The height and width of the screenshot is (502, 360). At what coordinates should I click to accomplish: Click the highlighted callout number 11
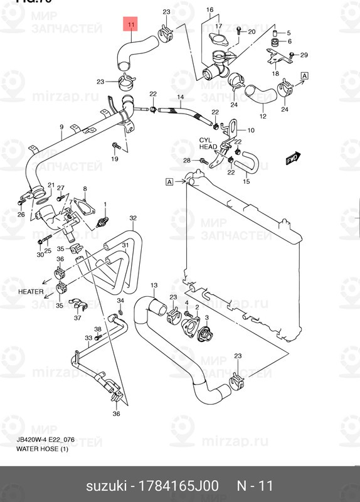click(x=130, y=26)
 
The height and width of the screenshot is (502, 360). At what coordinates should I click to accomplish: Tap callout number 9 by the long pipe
click(x=61, y=127)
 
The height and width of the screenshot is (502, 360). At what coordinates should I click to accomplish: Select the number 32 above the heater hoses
click(x=133, y=218)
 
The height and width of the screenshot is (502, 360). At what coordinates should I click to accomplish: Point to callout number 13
click(x=153, y=286)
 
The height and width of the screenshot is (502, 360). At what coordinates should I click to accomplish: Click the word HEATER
click(x=31, y=292)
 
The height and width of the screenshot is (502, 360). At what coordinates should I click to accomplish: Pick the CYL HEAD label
click(x=208, y=143)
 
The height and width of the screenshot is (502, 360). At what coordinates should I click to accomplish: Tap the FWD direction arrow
click(x=292, y=158)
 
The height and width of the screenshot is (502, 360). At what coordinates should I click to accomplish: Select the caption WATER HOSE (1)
click(x=42, y=449)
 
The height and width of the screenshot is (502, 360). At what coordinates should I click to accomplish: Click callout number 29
click(x=304, y=55)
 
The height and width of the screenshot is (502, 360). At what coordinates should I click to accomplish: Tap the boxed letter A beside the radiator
click(x=169, y=182)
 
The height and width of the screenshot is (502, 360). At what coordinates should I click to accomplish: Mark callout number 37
click(x=78, y=318)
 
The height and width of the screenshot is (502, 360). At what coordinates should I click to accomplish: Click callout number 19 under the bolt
click(x=115, y=159)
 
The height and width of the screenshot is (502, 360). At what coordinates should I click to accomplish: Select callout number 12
click(x=263, y=116)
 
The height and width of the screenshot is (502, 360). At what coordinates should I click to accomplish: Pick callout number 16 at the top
click(x=209, y=10)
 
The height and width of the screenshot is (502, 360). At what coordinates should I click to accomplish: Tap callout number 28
click(x=187, y=161)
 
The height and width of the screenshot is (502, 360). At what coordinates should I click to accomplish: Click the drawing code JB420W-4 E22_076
click(x=46, y=441)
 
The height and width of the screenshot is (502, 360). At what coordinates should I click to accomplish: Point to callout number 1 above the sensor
click(x=106, y=204)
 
